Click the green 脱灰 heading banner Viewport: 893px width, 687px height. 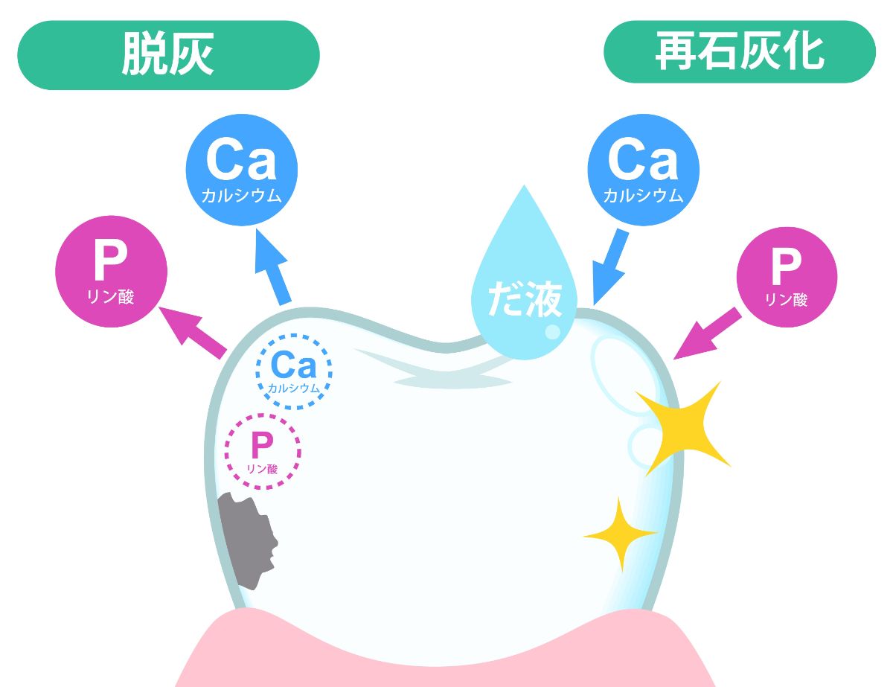point(168,55)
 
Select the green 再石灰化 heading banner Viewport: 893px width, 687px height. point(740,52)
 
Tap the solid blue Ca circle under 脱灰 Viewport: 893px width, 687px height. point(242,170)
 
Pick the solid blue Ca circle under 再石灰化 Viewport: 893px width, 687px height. point(644,170)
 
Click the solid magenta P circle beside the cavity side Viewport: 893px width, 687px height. point(112,272)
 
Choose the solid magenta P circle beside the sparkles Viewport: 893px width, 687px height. point(787,277)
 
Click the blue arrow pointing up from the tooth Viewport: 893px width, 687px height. point(272,267)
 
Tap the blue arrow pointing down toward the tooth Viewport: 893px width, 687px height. point(610,267)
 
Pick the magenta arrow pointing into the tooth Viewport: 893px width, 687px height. point(708,333)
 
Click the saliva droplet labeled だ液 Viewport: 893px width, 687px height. point(525,287)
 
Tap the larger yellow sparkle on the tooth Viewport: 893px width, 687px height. point(682,428)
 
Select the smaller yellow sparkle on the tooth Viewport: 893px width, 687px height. point(621,534)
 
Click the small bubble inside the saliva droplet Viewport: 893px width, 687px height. point(552,331)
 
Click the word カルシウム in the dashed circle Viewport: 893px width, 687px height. point(293,389)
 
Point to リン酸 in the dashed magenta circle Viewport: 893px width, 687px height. point(262,469)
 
